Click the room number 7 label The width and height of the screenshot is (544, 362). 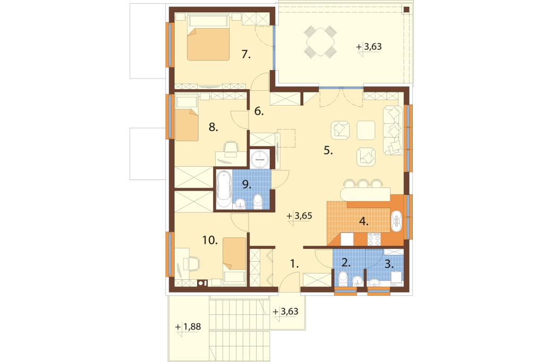[246, 55]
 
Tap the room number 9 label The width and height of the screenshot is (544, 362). [246, 185]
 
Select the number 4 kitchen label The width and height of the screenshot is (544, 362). [363, 221]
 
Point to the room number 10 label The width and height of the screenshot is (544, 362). [210, 240]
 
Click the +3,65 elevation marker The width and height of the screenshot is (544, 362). [300, 216]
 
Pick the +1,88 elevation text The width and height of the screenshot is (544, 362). [188, 326]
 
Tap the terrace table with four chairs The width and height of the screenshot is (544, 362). [320, 42]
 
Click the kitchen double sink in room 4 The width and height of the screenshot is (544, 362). [396, 221]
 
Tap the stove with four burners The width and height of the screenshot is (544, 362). [374, 239]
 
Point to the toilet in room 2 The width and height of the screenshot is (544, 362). [343, 279]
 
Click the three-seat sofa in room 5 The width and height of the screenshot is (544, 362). [393, 131]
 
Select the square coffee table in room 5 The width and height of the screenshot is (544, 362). [366, 130]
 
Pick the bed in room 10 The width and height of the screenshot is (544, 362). [234, 261]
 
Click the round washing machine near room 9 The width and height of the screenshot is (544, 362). [260, 159]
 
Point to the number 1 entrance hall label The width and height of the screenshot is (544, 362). [294, 264]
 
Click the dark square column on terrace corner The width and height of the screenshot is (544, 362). [406, 10]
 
